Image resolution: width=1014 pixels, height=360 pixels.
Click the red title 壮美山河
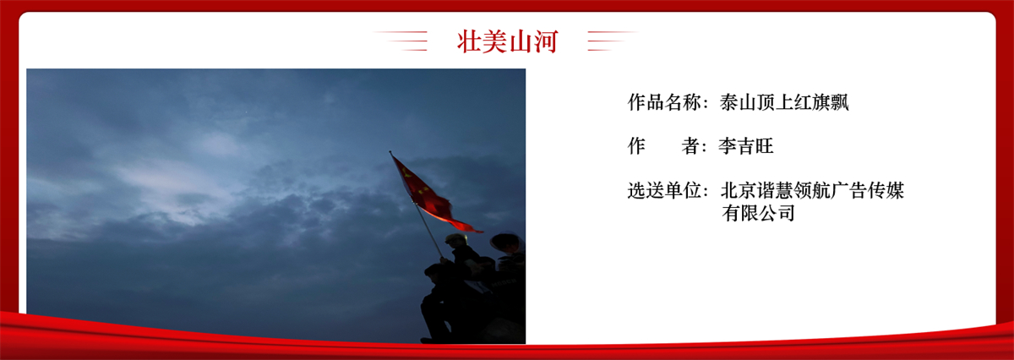coord(507,41)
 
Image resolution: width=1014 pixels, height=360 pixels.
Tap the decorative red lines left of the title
coord(401,41)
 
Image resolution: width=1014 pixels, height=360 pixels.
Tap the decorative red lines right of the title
coord(612,41)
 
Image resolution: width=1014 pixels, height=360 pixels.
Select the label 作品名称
coord(664,102)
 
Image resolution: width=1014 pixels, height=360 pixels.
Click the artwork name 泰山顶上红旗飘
coord(784,102)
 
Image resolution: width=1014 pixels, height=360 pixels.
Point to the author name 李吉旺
coord(746,146)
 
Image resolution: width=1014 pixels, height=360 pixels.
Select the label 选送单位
coord(664,190)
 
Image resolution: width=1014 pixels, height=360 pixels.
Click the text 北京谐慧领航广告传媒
coord(812,190)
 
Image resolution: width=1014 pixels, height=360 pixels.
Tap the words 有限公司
coord(758,213)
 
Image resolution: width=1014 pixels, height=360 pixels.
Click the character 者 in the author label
coord(691,146)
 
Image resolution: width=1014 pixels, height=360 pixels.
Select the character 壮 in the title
coord(469,41)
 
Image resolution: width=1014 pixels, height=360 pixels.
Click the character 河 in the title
coord(546,41)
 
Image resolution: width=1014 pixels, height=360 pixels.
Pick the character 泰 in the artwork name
coord(728,102)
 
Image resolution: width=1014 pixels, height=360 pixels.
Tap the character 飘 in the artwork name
coord(840,102)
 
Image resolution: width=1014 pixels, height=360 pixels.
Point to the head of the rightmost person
coord(507,243)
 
